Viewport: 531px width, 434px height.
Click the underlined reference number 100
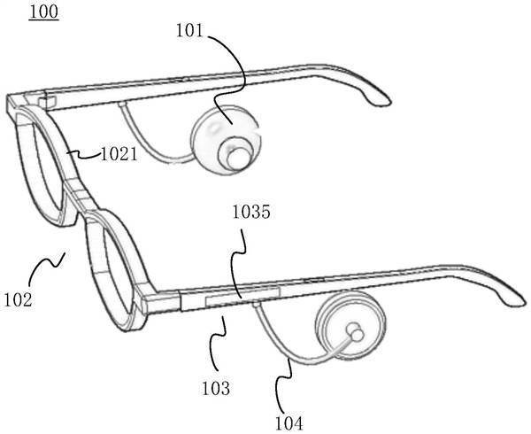(43, 12)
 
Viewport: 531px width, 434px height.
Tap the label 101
(189, 30)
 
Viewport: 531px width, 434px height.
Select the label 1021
(119, 154)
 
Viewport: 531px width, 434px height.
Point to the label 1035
(251, 212)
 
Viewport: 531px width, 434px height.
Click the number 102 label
(18, 300)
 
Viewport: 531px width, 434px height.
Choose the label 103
(216, 388)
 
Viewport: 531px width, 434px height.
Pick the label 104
(289, 423)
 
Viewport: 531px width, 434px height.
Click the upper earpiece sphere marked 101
(227, 139)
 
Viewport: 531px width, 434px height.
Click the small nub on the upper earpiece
(239, 158)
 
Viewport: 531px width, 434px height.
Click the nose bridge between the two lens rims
(80, 195)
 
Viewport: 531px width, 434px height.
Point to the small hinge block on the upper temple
(48, 102)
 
